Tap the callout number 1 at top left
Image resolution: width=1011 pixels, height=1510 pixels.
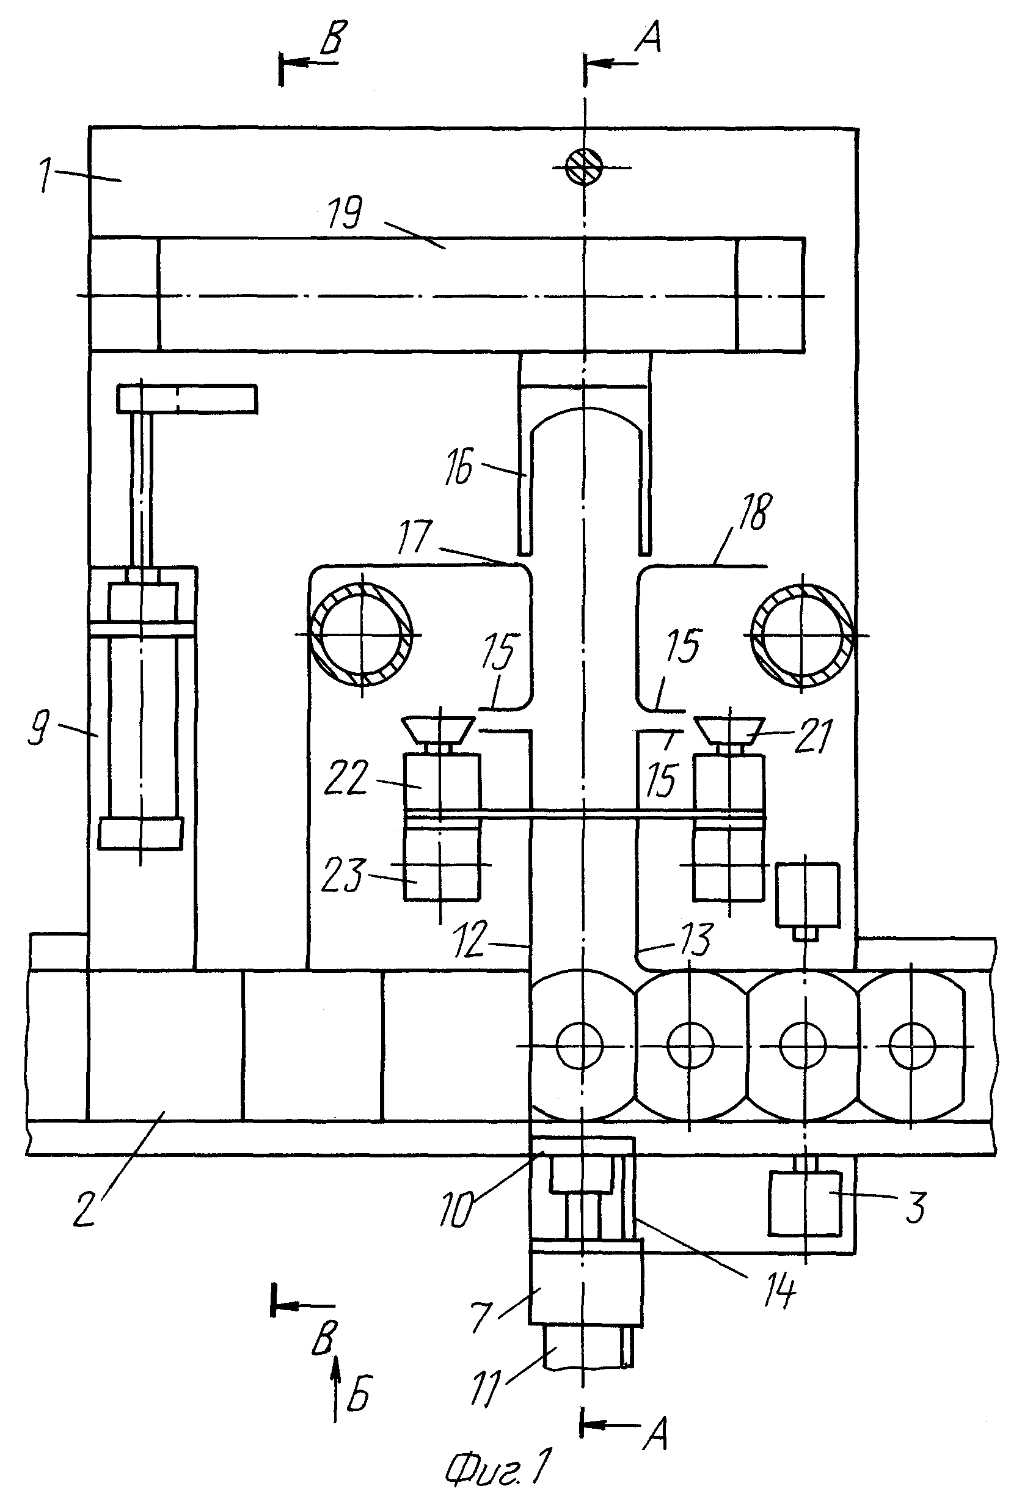click(45, 175)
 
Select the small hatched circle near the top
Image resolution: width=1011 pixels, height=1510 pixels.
click(584, 167)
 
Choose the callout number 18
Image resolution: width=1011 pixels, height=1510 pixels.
click(754, 511)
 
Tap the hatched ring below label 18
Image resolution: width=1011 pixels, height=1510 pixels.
click(803, 636)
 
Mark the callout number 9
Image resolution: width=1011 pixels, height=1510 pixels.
click(38, 730)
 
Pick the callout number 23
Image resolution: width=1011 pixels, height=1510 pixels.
click(344, 875)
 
